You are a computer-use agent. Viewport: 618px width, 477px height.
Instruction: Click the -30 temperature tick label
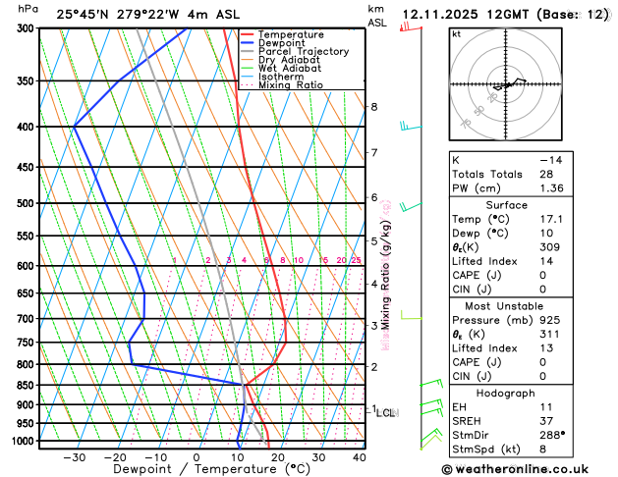(x=74, y=457)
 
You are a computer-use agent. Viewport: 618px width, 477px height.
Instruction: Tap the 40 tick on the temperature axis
(x=359, y=457)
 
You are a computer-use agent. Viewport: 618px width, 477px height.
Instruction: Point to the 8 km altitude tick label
(x=373, y=106)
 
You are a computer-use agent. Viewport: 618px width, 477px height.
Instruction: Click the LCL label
(x=386, y=413)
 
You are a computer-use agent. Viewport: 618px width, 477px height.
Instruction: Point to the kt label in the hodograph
(x=456, y=33)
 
